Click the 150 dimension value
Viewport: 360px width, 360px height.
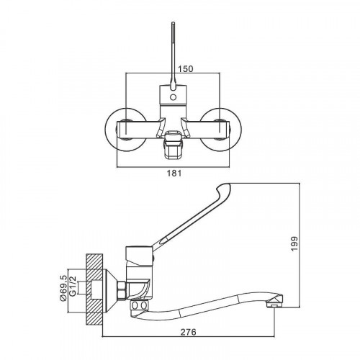click(x=185, y=69)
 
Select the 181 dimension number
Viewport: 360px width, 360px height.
click(x=174, y=173)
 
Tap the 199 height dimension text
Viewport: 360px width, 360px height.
click(x=294, y=243)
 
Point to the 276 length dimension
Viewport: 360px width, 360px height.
click(x=189, y=332)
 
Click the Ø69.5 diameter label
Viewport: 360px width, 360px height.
click(x=63, y=287)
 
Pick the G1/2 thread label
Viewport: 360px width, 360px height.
click(x=73, y=286)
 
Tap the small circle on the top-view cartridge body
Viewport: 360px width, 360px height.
click(x=173, y=98)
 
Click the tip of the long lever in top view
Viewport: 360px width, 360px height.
click(x=174, y=23)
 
